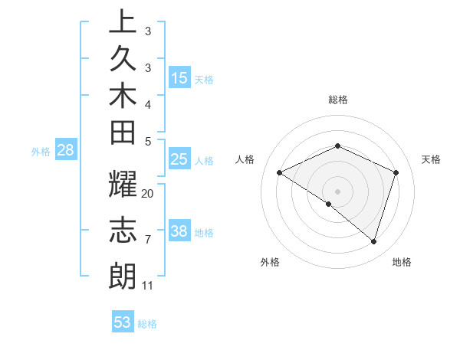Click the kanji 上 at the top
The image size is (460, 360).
pyautogui.click(x=123, y=23)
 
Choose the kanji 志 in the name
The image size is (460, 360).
pyautogui.click(x=123, y=231)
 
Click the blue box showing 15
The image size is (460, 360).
pyautogui.click(x=179, y=78)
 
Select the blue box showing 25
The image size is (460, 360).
pyautogui.click(x=179, y=160)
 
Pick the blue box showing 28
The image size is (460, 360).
pyautogui.click(x=65, y=150)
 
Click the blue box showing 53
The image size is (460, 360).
pyautogui.click(x=123, y=322)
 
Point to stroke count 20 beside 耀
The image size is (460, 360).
pyautogui.click(x=148, y=194)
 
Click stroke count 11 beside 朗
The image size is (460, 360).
pyautogui.click(x=148, y=286)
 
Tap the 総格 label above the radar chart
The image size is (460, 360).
pyautogui.click(x=338, y=100)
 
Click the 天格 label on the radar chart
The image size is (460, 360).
pyautogui.click(x=431, y=159)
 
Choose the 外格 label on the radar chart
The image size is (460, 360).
pyautogui.click(x=270, y=262)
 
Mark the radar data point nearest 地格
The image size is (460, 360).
pyautogui.click(x=373, y=241)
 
